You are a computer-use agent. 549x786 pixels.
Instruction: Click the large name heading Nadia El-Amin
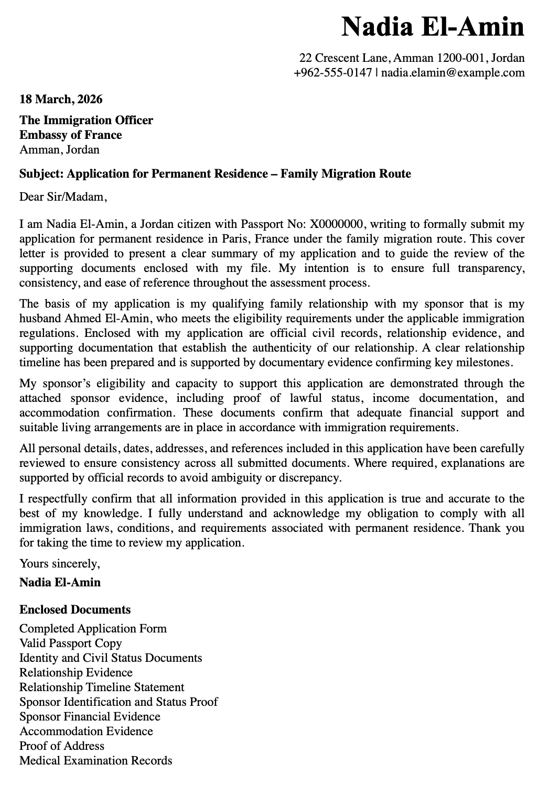(433, 26)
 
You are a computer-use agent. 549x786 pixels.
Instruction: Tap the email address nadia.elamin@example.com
(453, 72)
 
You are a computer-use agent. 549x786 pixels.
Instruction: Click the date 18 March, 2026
(61, 99)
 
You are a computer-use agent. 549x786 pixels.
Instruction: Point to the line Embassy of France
(70, 135)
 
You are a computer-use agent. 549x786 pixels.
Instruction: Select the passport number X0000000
(337, 224)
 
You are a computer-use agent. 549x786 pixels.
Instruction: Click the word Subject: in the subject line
(41, 173)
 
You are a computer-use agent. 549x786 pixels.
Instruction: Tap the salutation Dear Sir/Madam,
(63, 197)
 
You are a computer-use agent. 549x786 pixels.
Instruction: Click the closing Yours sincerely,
(59, 564)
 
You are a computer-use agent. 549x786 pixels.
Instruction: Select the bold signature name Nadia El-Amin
(60, 582)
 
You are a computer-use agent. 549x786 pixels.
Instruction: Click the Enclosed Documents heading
(75, 609)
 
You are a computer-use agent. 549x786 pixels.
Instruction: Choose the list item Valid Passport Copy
(70, 643)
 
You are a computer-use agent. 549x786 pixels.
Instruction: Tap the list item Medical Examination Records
(95, 760)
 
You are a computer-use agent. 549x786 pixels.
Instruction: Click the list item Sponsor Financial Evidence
(90, 716)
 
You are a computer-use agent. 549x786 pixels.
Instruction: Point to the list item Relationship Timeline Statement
(102, 687)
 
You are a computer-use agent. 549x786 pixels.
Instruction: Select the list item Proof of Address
(62, 746)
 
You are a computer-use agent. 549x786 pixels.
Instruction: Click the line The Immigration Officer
(86, 120)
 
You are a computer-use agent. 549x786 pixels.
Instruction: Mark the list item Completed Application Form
(93, 628)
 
